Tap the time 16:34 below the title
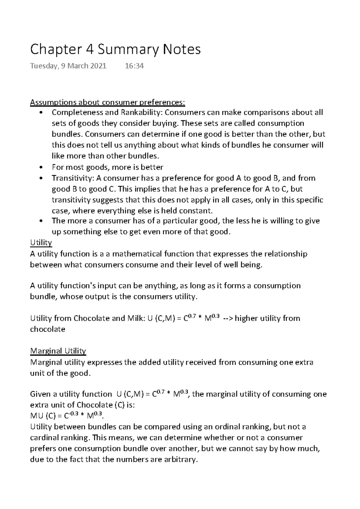pyautogui.click(x=134, y=66)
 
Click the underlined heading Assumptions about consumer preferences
pyautogui.click(x=108, y=103)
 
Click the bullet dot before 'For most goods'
pyautogui.click(x=41, y=167)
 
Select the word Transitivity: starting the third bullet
pyautogui.click(x=73, y=178)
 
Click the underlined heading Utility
pyautogui.click(x=41, y=242)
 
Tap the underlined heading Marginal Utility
pyautogui.click(x=58, y=351)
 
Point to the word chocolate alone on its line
pyautogui.click(x=48, y=329)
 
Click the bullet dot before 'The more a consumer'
pyautogui.click(x=41, y=221)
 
